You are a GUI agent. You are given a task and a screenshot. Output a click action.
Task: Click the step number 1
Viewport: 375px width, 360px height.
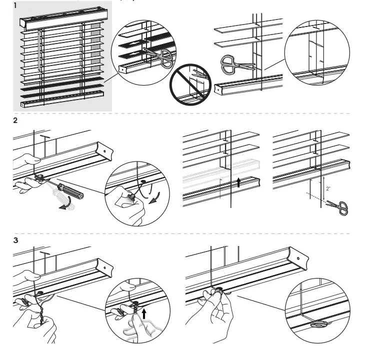pos(16,6)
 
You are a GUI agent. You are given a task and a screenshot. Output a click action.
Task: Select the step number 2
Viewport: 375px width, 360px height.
pos(16,121)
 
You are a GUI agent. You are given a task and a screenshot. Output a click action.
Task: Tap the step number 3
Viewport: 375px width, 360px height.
pos(16,239)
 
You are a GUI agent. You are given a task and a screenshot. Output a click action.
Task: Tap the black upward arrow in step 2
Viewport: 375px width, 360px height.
pos(238,182)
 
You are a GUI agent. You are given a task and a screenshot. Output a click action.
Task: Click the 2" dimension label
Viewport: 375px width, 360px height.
pos(327,189)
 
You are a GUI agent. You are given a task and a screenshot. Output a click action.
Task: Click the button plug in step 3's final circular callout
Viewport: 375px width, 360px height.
pos(317,325)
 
